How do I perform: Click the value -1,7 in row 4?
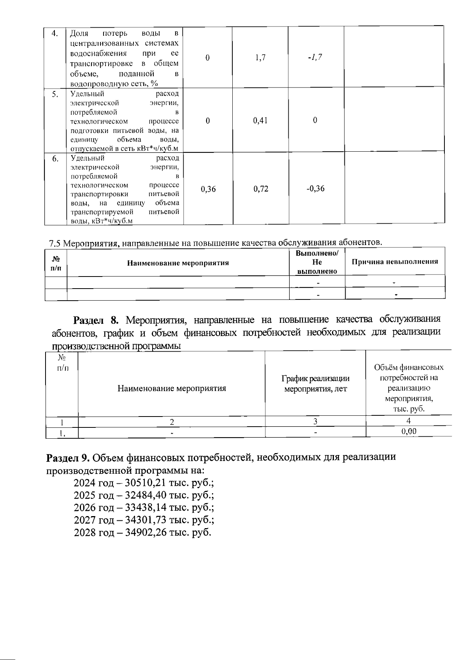coord(315,58)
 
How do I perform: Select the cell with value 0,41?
coord(260,121)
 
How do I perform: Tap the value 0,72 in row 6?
coord(260,189)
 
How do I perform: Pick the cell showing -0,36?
coord(315,189)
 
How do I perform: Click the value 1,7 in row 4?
coord(260,58)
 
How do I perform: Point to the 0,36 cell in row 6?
coord(208,189)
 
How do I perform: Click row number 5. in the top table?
coord(56,94)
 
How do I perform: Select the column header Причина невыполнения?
coord(395,262)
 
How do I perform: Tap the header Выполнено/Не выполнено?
coord(317,262)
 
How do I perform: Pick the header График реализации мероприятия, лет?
coord(315,384)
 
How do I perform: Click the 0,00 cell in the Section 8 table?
coord(409,431)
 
